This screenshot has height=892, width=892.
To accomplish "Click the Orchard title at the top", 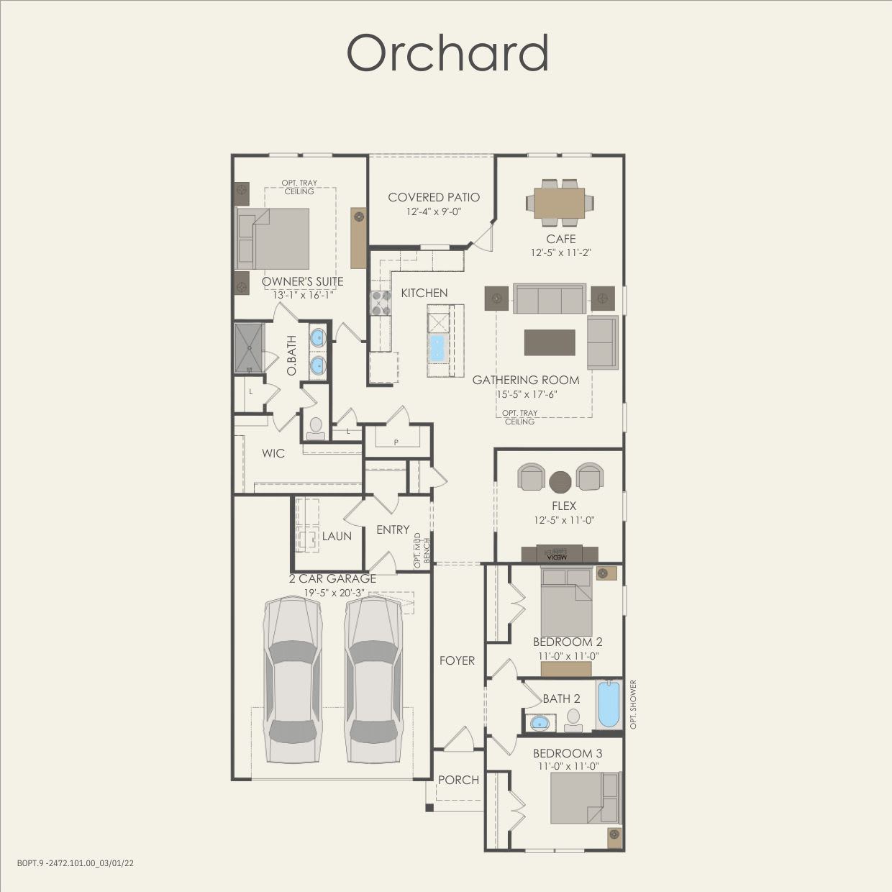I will click(447, 53).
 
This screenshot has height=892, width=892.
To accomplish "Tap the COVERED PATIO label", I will click(433, 197).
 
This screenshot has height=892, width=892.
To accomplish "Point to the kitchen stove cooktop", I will click(380, 303).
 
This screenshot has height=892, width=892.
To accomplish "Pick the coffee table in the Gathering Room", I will click(550, 342).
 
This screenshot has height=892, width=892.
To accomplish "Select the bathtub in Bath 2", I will click(608, 704).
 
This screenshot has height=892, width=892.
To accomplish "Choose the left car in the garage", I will click(292, 679).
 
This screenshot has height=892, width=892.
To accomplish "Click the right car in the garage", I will click(373, 679).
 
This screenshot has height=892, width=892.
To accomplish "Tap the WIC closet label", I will click(273, 453).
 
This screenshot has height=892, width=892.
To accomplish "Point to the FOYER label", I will click(458, 660).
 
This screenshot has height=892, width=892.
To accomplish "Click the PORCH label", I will click(458, 780).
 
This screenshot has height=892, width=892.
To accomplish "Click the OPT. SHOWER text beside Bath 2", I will click(634, 704).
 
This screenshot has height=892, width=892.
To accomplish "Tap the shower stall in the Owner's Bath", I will click(250, 348).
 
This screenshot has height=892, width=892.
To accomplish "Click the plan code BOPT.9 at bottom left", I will click(76, 863).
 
